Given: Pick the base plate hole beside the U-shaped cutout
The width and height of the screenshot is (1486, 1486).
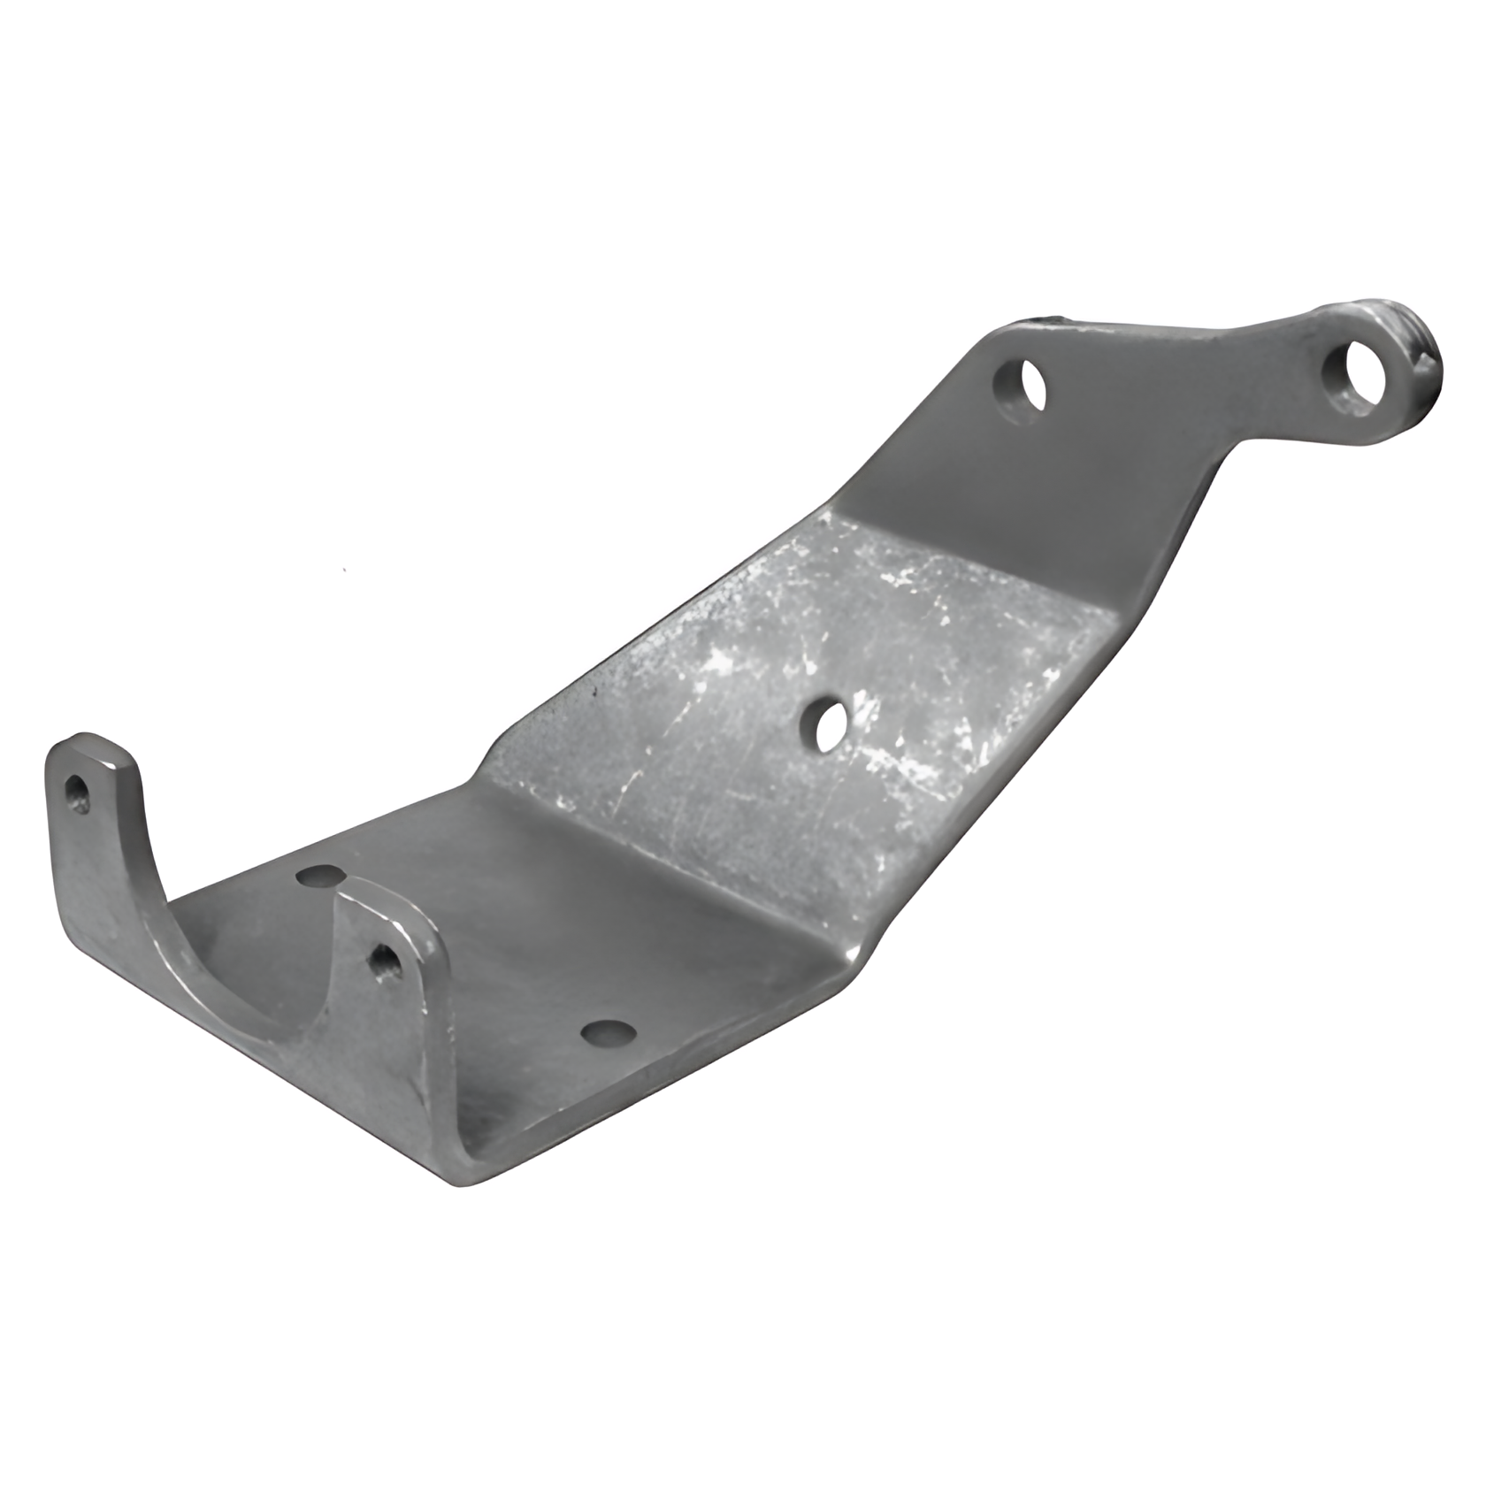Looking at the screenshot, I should coord(319,875).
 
